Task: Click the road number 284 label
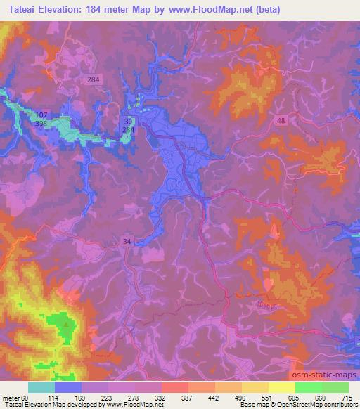coord(94,80)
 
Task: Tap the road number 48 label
coord(281,121)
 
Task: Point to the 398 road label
coord(41,124)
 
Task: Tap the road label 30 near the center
coord(128,121)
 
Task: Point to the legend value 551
coord(266,397)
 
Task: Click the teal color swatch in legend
coord(41,387)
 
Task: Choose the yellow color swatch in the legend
coord(281,387)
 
